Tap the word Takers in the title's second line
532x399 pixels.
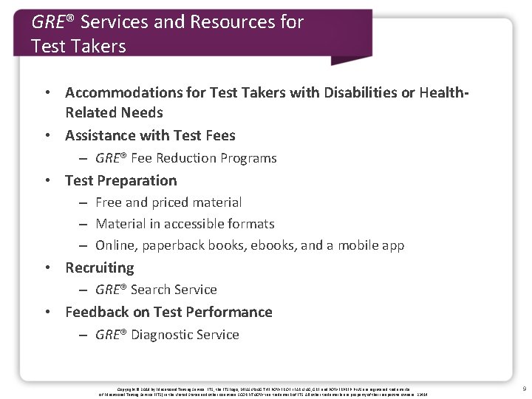click(98, 47)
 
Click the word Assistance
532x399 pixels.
click(100, 135)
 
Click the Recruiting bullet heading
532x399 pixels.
click(100, 267)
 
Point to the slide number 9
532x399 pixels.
click(524, 388)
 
